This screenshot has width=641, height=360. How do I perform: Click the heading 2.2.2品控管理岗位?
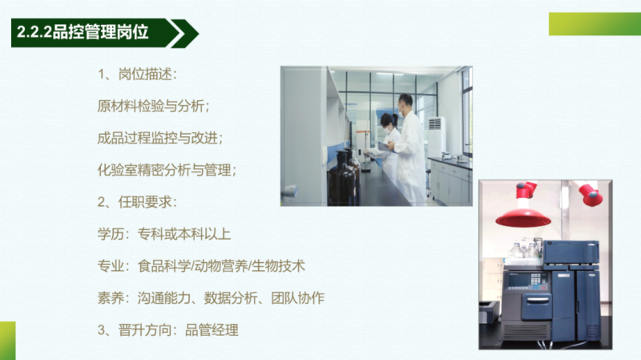point(83,32)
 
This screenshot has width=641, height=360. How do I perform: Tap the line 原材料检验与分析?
point(153,107)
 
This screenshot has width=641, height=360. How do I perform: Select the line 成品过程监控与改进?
point(159,138)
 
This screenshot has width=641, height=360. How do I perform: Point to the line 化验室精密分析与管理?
point(167,170)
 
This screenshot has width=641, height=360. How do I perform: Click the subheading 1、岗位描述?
point(137,75)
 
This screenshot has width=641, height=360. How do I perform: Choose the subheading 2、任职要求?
point(137,202)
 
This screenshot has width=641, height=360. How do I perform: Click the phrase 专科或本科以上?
point(184,234)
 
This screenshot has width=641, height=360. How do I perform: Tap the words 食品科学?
point(164,266)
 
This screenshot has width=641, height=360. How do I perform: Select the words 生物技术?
point(278,266)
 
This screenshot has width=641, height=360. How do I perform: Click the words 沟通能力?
point(164,297)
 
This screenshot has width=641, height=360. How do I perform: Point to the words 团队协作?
point(297,297)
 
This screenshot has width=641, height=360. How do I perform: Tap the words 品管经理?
point(212,330)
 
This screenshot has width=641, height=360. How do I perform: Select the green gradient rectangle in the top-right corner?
point(595,24)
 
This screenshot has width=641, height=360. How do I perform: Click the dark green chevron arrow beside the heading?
point(185,33)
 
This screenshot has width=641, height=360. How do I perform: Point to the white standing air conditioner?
point(437,138)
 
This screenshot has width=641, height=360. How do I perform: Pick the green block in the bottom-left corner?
point(8,341)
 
